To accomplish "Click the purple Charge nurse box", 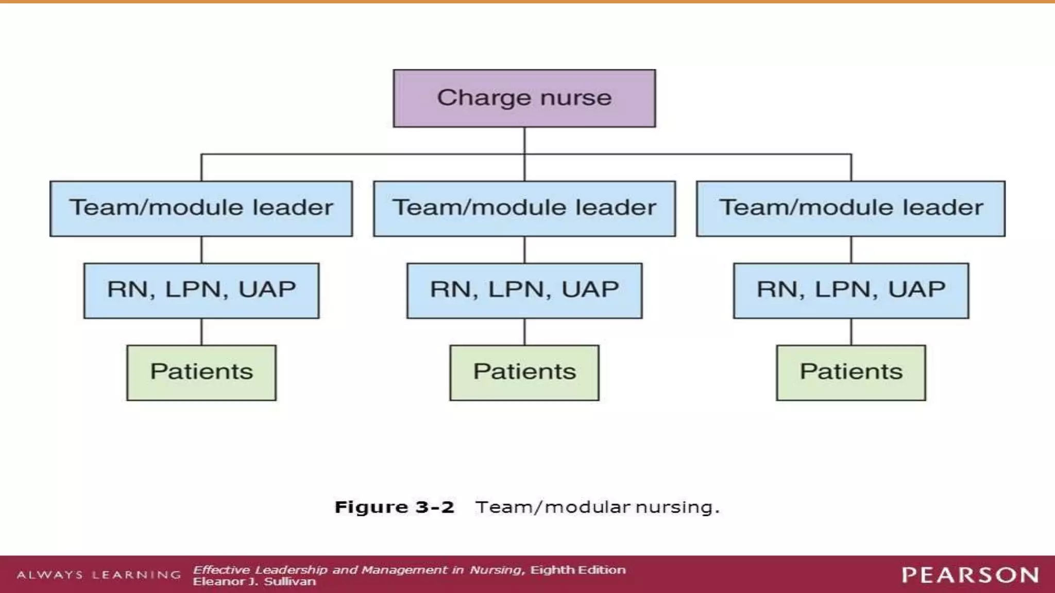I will [524, 98].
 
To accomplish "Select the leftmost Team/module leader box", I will [201, 208].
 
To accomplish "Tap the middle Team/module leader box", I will [524, 208].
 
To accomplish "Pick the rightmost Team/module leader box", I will [850, 208].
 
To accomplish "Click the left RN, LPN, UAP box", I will [201, 290].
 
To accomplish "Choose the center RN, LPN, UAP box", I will [524, 290].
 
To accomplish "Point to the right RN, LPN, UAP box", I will [851, 290].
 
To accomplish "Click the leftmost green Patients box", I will [201, 372].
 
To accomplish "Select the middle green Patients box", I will [524, 372].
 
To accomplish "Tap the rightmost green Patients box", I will [851, 372].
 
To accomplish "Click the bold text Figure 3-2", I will [394, 507].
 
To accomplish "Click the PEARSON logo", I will [969, 575].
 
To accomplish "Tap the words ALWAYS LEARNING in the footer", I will [98, 574].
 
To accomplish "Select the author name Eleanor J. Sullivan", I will [254, 582].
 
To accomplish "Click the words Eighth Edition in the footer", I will [578, 570].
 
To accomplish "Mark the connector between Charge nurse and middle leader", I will [524, 167].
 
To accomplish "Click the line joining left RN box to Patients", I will [201, 332].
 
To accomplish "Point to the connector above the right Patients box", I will [851, 332].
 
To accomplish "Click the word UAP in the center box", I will [590, 289].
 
